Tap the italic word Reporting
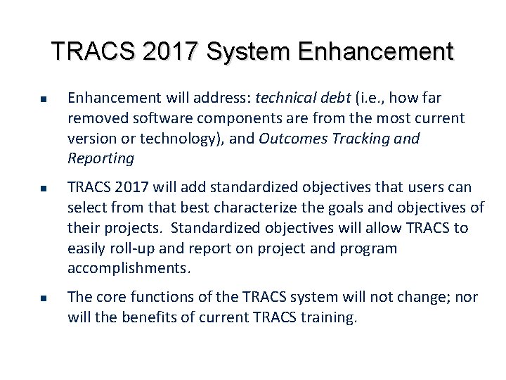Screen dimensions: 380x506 [100, 158]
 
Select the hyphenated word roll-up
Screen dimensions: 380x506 [130, 248]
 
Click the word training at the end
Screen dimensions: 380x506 [331, 317]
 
